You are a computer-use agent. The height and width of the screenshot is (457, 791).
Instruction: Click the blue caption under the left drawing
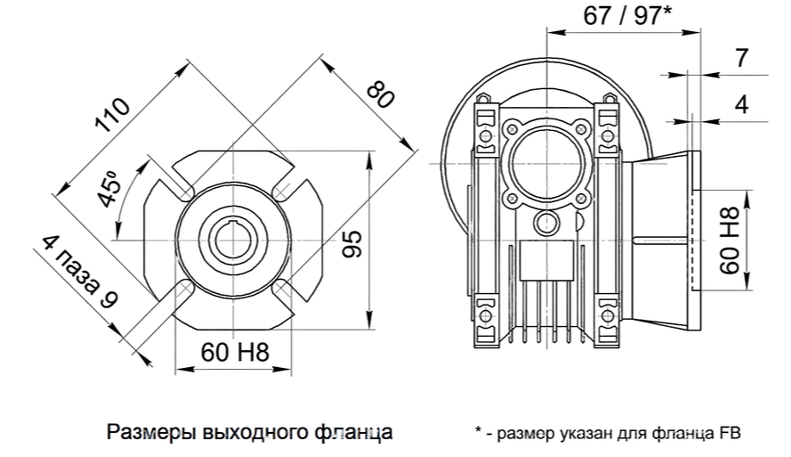[x=249, y=433]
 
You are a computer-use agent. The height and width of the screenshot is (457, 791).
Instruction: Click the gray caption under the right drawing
[x=607, y=433]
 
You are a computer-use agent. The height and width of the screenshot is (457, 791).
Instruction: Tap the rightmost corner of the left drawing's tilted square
[x=413, y=153]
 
